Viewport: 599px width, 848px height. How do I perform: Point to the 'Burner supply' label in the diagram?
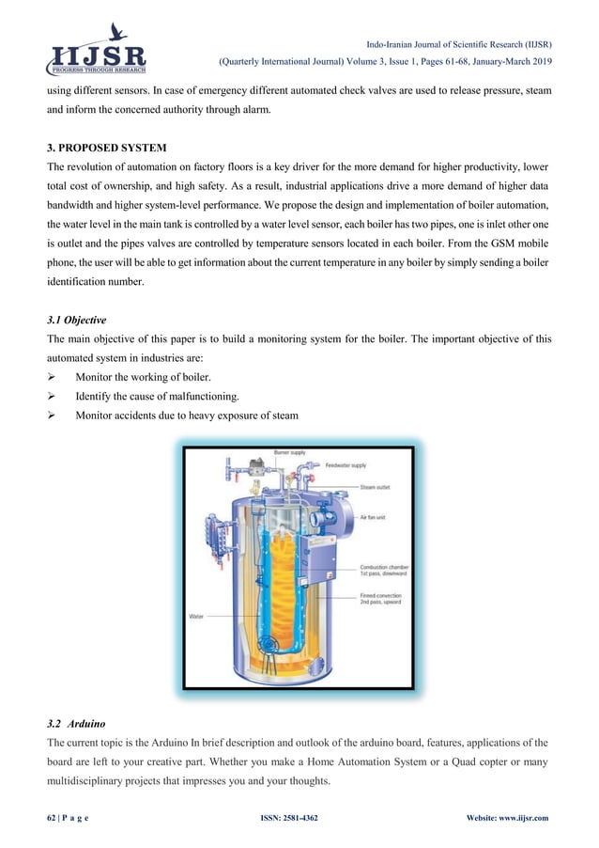[290, 453]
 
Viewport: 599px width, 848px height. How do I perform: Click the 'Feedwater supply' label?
[346, 465]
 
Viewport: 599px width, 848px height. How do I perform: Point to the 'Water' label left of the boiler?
[198, 617]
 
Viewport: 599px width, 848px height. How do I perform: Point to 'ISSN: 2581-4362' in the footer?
[288, 818]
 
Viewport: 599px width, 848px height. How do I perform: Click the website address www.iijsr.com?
[530, 818]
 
